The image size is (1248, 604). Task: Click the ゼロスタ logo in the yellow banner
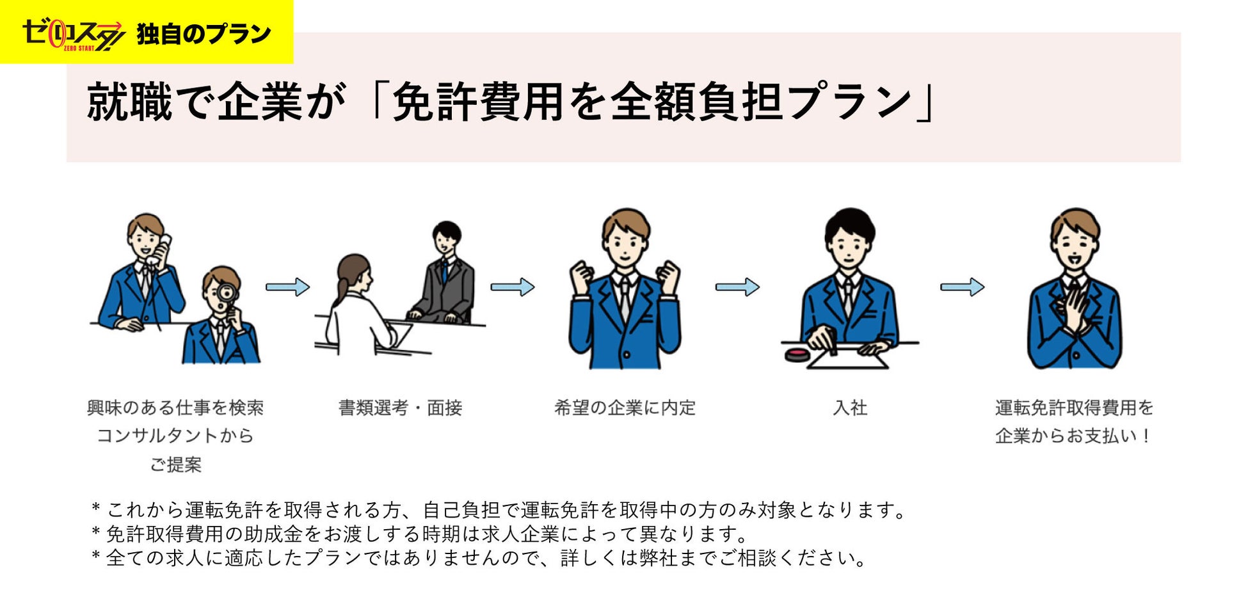coord(72,35)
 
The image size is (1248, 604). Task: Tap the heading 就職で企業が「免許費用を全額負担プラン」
coord(511,101)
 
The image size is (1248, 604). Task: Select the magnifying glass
coord(227,294)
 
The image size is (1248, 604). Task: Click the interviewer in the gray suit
coord(445,275)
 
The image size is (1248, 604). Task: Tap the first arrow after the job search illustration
coord(287,287)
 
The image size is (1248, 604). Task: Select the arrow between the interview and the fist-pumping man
coord(512,287)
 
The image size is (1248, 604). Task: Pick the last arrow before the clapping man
coord(961,287)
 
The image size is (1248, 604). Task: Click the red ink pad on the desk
coord(797,354)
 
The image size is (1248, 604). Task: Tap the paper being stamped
coord(848,358)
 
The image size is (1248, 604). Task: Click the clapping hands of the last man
coord(1074,310)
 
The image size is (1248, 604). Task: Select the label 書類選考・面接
coord(400,408)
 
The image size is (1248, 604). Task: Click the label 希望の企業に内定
coord(625,408)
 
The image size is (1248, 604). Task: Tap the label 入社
coord(850,408)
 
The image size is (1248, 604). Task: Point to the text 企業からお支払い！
coord(1074,436)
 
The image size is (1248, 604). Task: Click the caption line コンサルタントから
coord(175,436)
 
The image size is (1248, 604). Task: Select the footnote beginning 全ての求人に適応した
coord(480,558)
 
